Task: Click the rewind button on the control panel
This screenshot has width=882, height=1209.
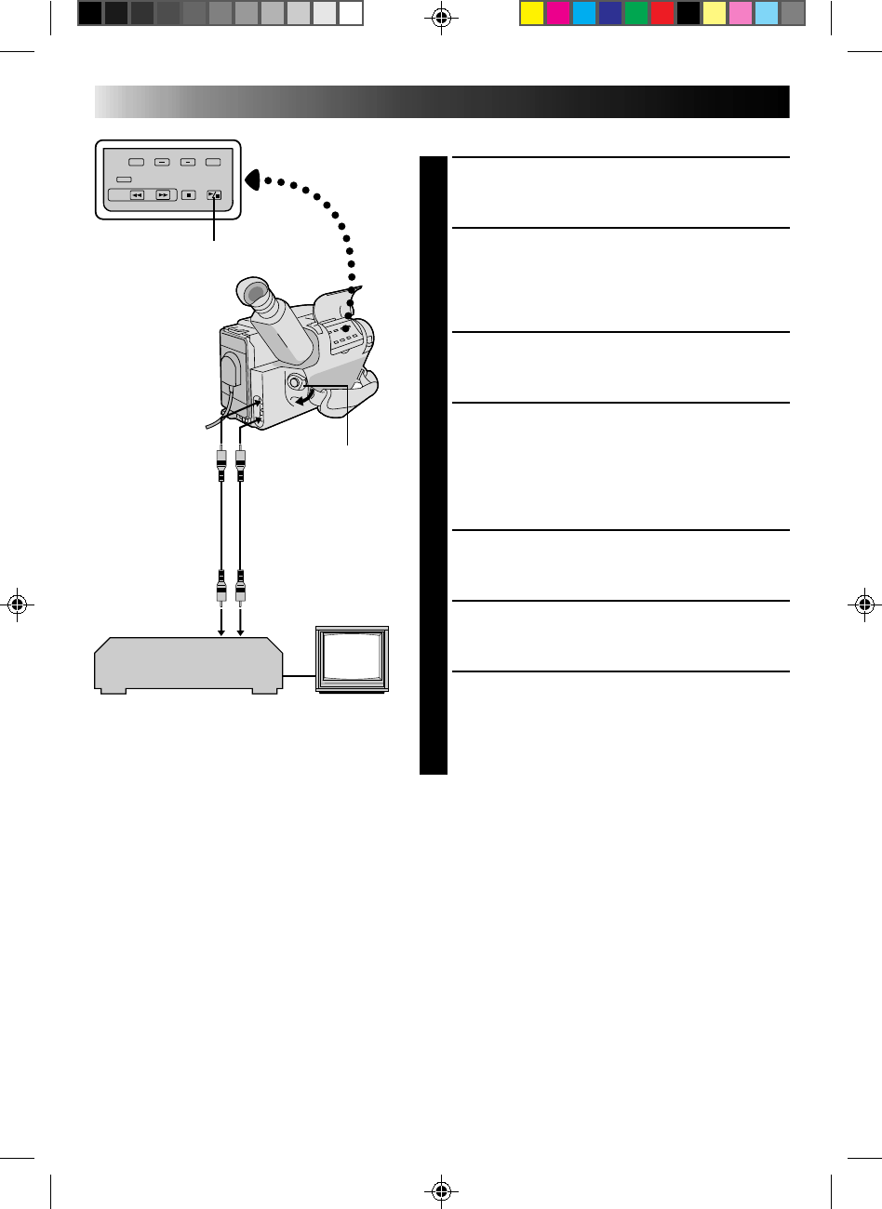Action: point(137,195)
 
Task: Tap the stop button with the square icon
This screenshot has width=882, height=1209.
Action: point(188,195)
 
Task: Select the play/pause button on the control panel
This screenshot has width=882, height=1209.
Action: point(215,195)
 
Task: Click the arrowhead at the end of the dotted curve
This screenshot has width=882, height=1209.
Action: point(252,178)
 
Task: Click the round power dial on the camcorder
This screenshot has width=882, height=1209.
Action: point(296,383)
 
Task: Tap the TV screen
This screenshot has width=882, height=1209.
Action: point(352,658)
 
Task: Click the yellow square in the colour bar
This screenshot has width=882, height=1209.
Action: point(531,13)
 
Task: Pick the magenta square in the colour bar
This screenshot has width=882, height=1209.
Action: point(557,13)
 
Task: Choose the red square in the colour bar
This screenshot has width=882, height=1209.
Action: point(661,13)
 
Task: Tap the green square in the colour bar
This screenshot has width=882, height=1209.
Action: point(635,13)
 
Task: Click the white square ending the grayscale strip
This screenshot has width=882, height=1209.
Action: point(351,13)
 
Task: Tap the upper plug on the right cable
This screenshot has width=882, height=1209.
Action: point(241,460)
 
